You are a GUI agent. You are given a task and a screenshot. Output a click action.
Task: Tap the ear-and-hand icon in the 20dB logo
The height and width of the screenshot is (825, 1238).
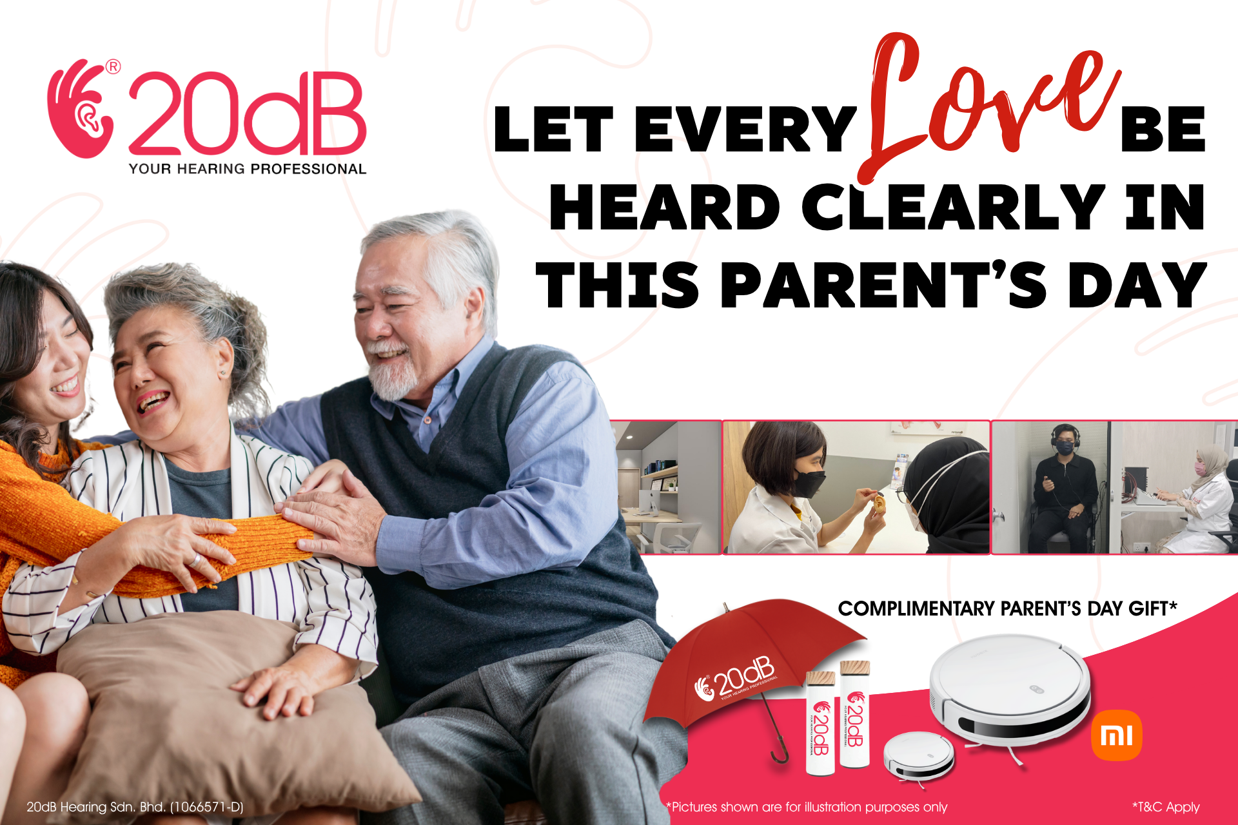click(81, 110)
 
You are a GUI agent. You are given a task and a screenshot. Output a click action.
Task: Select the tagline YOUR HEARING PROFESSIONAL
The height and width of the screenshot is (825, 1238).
click(248, 169)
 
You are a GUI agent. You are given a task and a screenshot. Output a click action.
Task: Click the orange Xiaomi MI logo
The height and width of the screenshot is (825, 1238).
click(1117, 735)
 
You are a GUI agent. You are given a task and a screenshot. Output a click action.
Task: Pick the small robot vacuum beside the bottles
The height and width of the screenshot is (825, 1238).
click(918, 757)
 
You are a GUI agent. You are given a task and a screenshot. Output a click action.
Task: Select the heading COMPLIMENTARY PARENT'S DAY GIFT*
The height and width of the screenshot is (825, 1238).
click(1007, 608)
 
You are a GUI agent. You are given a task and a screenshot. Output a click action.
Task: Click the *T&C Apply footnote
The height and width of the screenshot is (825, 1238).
click(1166, 807)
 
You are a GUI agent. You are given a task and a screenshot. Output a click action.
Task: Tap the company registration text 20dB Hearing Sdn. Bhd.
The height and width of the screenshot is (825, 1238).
click(135, 807)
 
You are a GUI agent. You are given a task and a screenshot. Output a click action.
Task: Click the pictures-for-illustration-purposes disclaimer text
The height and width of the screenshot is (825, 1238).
click(807, 807)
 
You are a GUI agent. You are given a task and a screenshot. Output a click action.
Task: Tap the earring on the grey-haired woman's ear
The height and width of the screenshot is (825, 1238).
click(223, 373)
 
